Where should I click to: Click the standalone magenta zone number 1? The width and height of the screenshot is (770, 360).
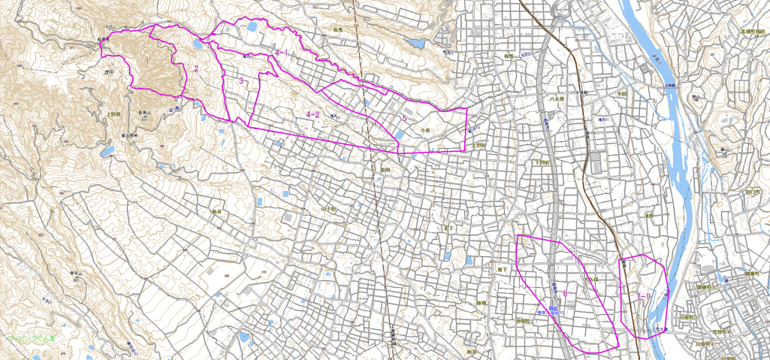(x=148, y=59)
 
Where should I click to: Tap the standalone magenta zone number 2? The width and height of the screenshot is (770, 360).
(x=196, y=69)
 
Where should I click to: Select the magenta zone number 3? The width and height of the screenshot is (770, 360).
(x=241, y=80)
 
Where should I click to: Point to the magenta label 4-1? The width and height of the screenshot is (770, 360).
(x=282, y=52)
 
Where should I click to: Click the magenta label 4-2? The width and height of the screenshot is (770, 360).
(x=313, y=114)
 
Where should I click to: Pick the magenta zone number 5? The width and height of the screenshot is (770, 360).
(x=404, y=118)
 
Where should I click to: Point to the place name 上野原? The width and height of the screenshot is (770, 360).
(x=114, y=115)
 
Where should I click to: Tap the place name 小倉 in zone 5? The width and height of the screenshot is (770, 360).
(x=425, y=130)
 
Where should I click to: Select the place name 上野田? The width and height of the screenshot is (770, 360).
(x=480, y=144)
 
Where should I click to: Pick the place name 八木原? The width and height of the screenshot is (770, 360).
(x=557, y=98)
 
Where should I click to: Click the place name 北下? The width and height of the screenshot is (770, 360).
(x=449, y=227)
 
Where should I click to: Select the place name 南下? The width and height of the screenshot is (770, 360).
(x=503, y=268)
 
